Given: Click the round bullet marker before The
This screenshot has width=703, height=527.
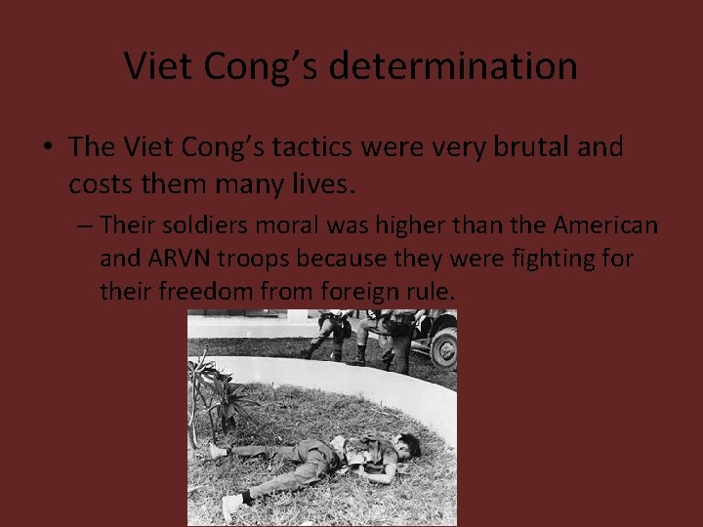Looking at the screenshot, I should tap(47, 148).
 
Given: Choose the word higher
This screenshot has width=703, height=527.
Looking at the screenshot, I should tap(389, 225).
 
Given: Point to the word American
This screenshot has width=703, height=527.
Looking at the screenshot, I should tap(605, 225).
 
